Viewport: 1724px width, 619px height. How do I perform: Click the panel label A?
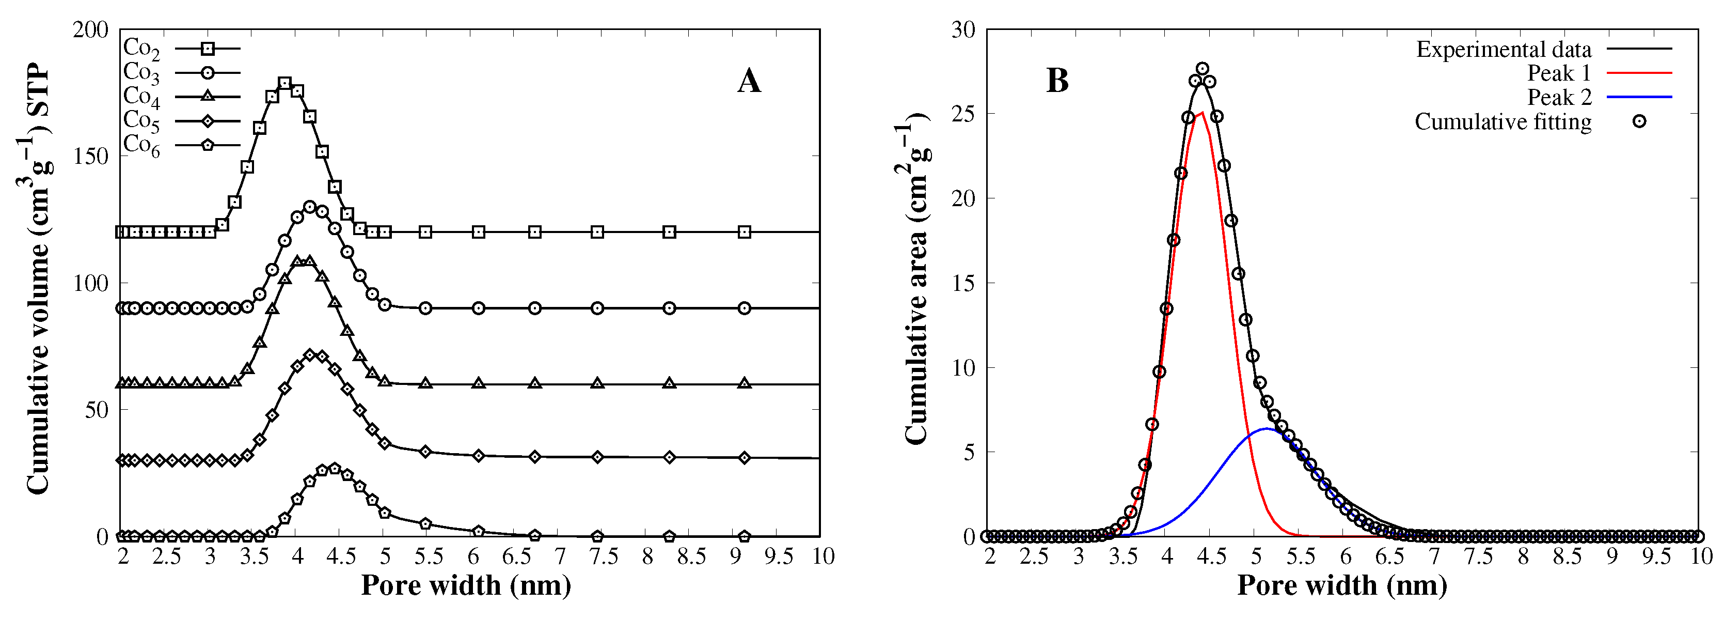(749, 81)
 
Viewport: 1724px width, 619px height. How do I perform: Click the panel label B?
(1057, 81)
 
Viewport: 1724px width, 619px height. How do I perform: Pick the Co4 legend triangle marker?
(208, 97)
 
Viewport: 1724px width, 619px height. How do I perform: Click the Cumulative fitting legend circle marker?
(1639, 122)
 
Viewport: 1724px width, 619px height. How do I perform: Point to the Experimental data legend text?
(1503, 50)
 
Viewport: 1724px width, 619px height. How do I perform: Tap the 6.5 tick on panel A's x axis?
(517, 556)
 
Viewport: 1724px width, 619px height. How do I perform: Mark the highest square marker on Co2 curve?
(284, 83)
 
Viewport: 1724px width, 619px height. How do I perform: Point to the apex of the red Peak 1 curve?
(1203, 113)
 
